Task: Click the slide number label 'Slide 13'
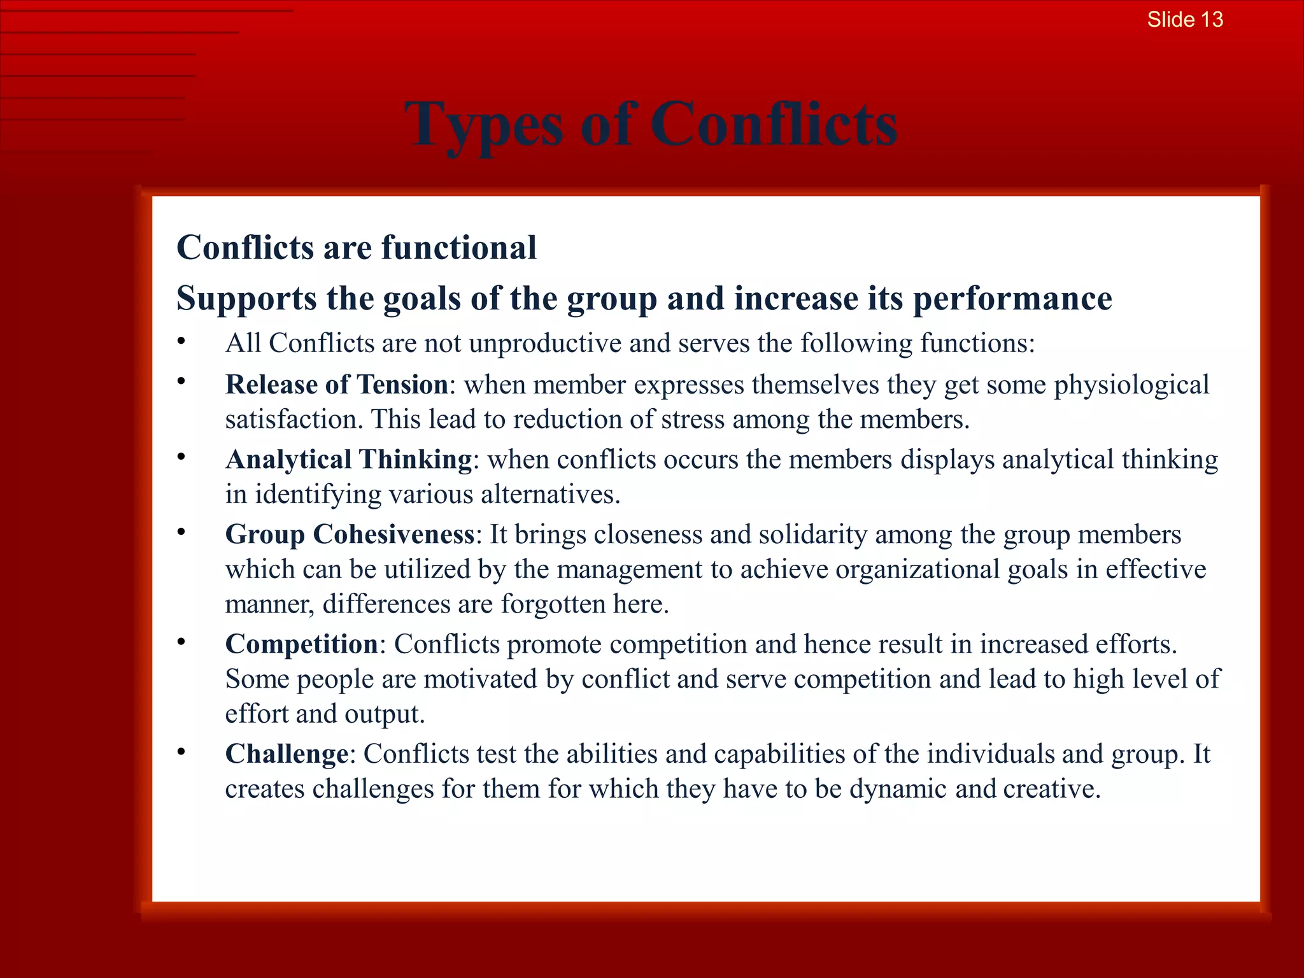pyautogui.click(x=1185, y=20)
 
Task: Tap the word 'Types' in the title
pyautogui.click(x=484, y=125)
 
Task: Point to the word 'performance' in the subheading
pyautogui.click(x=1012, y=299)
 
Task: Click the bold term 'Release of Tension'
pyautogui.click(x=337, y=385)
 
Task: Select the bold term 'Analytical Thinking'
pyautogui.click(x=348, y=459)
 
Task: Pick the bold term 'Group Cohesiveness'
pyautogui.click(x=350, y=534)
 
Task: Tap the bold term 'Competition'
pyautogui.click(x=302, y=644)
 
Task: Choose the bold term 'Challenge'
pyautogui.click(x=287, y=754)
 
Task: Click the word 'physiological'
pyautogui.click(x=1131, y=385)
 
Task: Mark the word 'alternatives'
pyautogui.click(x=548, y=494)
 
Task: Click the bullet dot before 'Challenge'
pyautogui.click(x=181, y=752)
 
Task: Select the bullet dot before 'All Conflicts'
pyautogui.click(x=181, y=341)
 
